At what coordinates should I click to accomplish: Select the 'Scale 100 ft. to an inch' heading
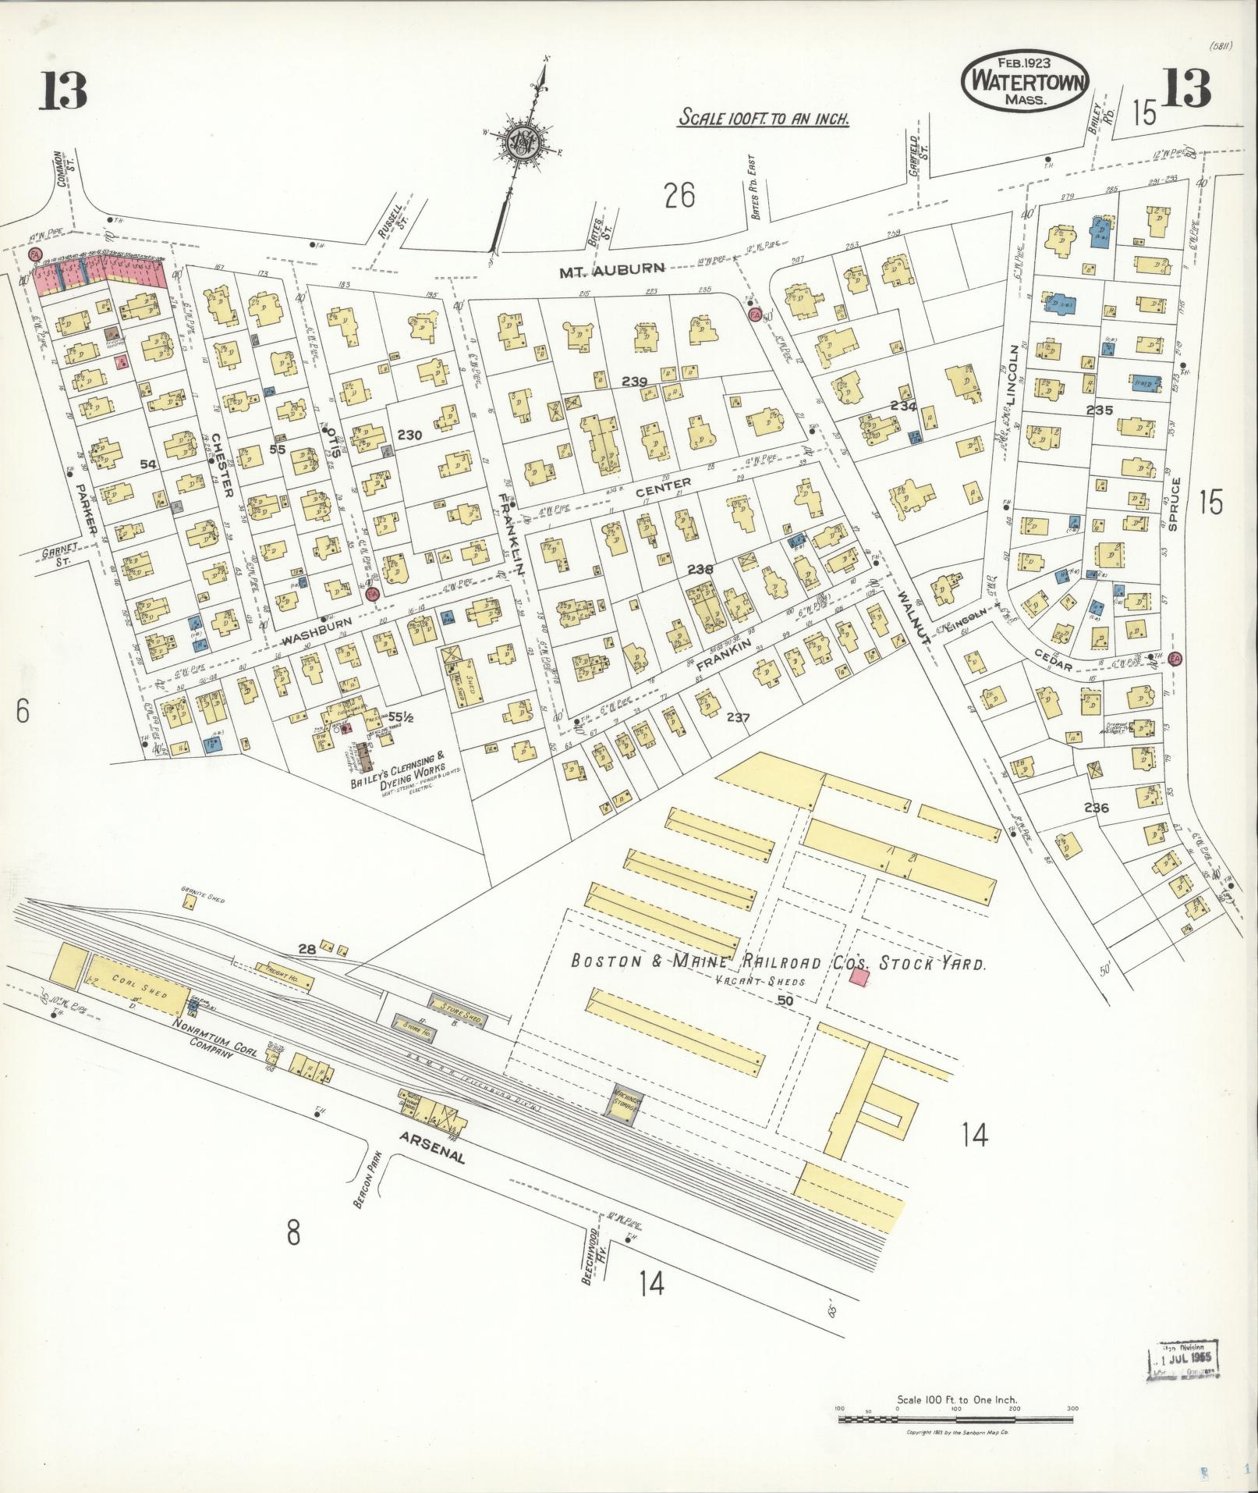click(x=763, y=119)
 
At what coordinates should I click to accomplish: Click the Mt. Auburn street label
click(x=612, y=269)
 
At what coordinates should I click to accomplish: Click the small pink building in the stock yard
click(x=859, y=978)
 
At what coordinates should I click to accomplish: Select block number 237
click(x=737, y=717)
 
